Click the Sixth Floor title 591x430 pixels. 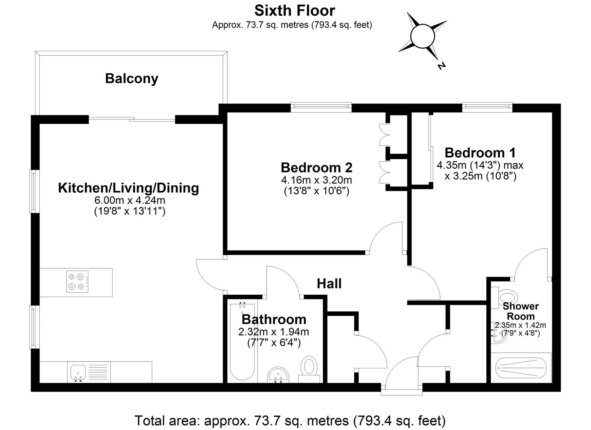pos(295,10)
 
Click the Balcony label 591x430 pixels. pos(132,78)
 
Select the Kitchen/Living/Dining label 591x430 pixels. pos(128,188)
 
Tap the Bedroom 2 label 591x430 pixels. pos(316,167)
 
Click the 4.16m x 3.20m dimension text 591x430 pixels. pos(316,180)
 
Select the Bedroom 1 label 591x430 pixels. pos(480,152)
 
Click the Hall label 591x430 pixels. pos(329,283)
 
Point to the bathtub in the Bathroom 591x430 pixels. pos(242,342)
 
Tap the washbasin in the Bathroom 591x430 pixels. pos(278,374)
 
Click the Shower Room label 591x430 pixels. pos(521,311)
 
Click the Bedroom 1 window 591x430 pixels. pos(487,106)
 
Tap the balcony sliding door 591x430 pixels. pos(132,119)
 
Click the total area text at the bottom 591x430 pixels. pos(290,420)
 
